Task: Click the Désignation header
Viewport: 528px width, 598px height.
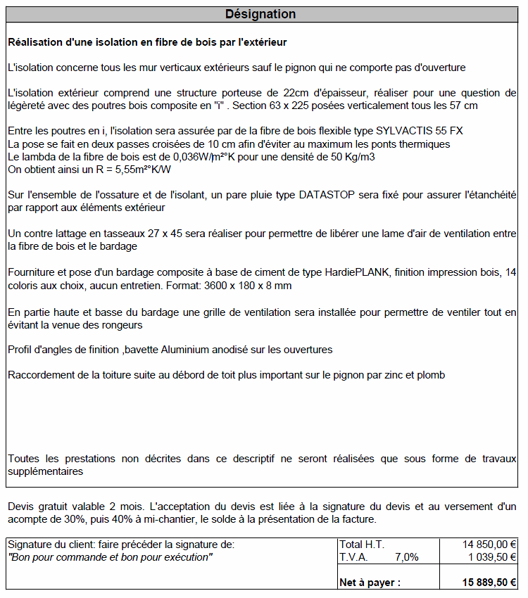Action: click(x=260, y=14)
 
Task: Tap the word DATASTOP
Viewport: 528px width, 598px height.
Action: click(x=330, y=195)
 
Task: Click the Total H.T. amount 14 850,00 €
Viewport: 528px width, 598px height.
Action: click(x=489, y=545)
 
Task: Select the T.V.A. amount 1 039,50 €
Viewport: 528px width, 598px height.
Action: click(x=490, y=556)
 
